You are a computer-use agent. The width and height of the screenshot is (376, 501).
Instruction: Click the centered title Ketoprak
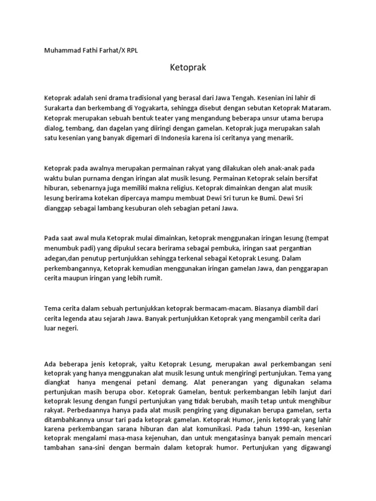[188, 68]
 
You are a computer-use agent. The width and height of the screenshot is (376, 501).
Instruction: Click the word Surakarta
[60, 108]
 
